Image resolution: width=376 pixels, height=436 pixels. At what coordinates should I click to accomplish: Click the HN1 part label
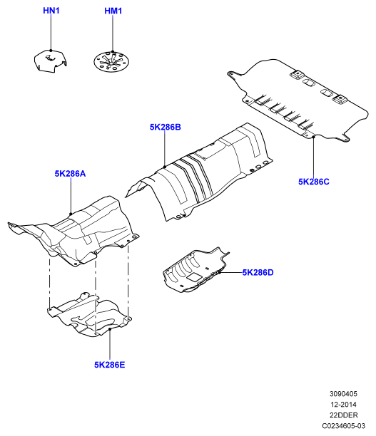coord(51,11)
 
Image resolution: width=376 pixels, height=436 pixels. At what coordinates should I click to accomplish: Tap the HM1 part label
coord(113,11)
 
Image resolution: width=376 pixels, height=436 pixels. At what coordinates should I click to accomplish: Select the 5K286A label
coord(70,174)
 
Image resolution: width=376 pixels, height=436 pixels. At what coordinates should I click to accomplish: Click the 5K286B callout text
coord(165,127)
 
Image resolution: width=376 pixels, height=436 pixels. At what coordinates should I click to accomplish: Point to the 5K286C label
coord(314,182)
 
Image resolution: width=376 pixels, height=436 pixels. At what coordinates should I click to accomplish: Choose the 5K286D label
coord(258,272)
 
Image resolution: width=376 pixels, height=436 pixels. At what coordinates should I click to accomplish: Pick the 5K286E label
coord(110,365)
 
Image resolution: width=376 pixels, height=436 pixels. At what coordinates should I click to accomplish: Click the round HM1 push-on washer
coord(112,62)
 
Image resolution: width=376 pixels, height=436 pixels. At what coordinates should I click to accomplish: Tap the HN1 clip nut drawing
coord(51,61)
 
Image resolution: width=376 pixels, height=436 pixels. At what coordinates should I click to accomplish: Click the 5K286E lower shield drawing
coord(89,314)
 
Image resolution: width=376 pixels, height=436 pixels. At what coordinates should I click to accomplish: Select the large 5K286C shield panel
coord(298,100)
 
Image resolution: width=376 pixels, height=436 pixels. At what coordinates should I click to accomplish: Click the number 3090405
coord(343,394)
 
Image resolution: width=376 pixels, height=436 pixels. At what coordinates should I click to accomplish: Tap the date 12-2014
coord(343,405)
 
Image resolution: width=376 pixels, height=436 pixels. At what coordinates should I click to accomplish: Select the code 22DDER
coord(343,415)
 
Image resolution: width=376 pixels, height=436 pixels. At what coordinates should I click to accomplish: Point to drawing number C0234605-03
coord(343,426)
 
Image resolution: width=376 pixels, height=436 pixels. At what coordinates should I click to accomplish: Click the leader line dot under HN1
coord(51,51)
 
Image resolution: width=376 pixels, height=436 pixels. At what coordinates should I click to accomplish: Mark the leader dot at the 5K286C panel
coord(314,137)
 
